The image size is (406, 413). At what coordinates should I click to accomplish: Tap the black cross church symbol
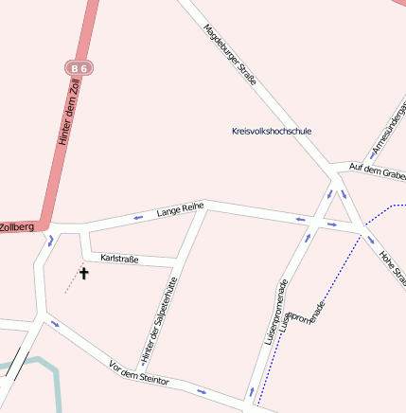click(x=83, y=274)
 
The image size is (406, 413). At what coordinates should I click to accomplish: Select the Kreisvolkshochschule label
click(x=271, y=131)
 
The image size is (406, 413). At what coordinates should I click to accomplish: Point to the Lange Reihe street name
click(x=180, y=209)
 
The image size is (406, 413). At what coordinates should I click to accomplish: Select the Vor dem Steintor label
click(x=139, y=372)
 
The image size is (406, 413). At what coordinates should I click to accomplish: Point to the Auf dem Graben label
click(x=377, y=171)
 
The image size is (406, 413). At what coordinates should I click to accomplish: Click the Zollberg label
click(x=16, y=227)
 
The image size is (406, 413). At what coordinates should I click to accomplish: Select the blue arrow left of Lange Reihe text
click(x=138, y=217)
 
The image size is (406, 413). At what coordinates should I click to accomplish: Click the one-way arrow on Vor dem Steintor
click(x=201, y=390)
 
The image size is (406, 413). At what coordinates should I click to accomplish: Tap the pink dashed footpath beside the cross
click(x=71, y=282)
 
